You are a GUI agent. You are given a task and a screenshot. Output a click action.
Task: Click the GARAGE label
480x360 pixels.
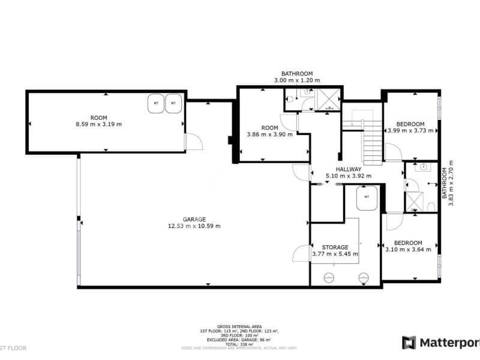point(195,219)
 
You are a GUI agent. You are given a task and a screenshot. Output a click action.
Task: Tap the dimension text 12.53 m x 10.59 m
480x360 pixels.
point(195,226)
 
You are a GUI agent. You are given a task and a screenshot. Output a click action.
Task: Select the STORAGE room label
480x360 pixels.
point(335,247)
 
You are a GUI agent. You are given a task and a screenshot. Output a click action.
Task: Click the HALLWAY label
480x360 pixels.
point(348,169)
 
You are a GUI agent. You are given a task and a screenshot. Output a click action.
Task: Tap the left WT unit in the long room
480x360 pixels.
point(156,103)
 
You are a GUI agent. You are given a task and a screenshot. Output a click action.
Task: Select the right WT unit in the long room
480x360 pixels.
point(173,103)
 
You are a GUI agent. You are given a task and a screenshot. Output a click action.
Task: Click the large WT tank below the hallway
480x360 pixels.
point(367,198)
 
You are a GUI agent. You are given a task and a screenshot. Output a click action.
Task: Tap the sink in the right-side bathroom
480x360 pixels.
point(424,167)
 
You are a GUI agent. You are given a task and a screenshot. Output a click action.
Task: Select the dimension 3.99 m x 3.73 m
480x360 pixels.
point(410,130)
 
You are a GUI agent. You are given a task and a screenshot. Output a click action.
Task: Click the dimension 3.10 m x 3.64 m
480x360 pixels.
point(408,250)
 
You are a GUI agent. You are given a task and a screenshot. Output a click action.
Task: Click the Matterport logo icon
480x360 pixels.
point(409,343)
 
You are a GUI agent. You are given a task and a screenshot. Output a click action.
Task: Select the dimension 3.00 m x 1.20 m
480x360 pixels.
point(297,80)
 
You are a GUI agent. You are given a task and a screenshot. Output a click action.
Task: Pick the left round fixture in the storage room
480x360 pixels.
point(329,277)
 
